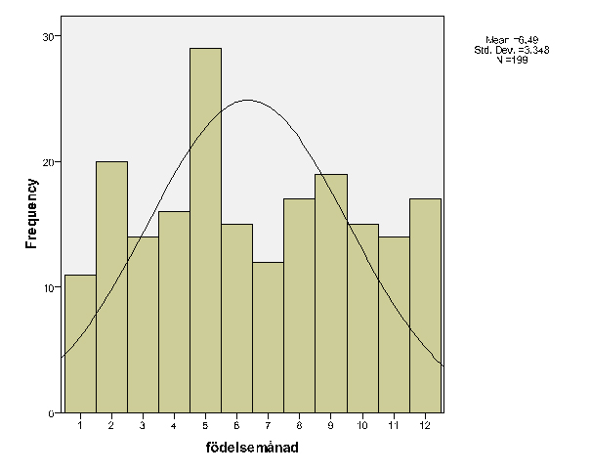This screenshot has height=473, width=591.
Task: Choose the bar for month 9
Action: (x=331, y=293)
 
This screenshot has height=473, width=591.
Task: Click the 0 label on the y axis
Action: (x=52, y=414)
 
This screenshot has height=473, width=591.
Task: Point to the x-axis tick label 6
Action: (x=236, y=426)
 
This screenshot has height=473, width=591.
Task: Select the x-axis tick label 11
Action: (x=394, y=426)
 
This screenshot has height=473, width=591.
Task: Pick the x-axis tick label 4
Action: (x=174, y=426)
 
